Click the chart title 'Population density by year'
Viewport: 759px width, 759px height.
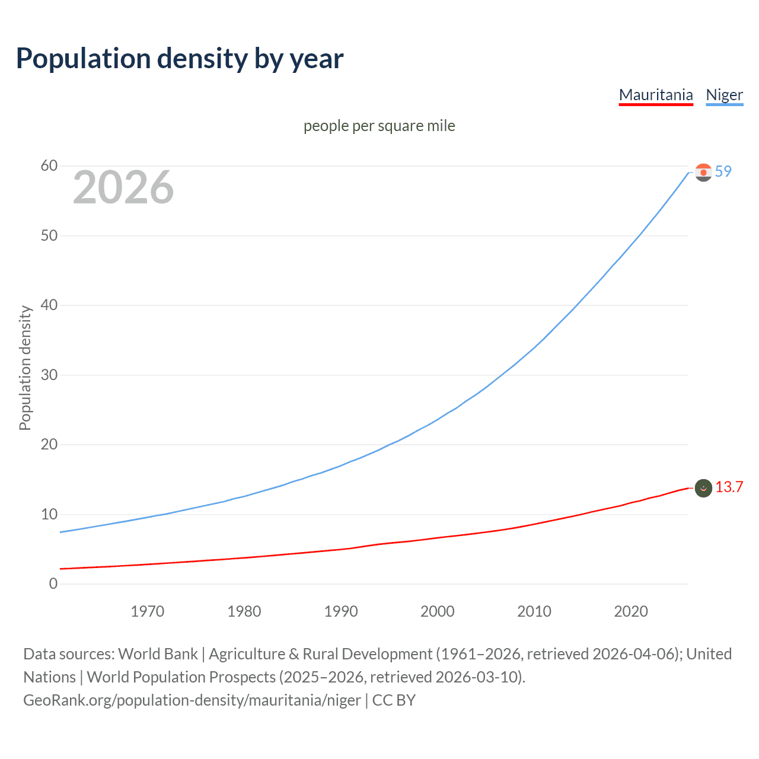click(180, 59)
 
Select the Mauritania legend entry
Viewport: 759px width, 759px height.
click(655, 95)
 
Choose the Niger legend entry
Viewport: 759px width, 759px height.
click(724, 95)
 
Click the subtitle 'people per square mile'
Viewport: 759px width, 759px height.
click(379, 126)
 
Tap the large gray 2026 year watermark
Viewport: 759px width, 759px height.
click(123, 187)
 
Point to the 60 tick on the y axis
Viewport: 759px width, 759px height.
click(49, 166)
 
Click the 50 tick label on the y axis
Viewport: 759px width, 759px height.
click(49, 235)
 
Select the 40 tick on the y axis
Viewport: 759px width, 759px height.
click(49, 305)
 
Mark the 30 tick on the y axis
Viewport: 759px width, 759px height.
click(49, 375)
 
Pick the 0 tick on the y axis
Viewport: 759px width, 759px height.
click(53, 583)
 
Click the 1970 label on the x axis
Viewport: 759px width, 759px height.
click(147, 611)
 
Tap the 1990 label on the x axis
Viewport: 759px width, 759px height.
click(341, 611)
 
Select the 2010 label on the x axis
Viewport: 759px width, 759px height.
click(534, 611)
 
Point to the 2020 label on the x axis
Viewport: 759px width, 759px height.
click(631, 611)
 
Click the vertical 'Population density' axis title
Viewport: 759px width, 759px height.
click(25, 368)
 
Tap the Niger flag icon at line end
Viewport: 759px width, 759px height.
click(703, 173)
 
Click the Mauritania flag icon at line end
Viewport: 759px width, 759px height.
click(703, 488)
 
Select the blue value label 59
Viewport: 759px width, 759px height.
click(723, 171)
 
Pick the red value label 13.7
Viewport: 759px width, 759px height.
click(729, 487)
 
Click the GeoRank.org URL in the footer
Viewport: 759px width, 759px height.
click(192, 700)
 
